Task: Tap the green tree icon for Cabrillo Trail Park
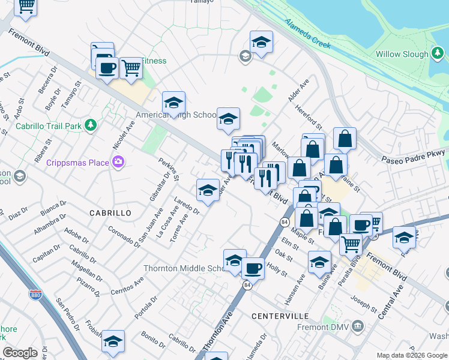pyautogui.click(x=91, y=125)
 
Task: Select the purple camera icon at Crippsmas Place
pyautogui.click(x=118, y=161)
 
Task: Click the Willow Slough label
pyautogui.click(x=402, y=54)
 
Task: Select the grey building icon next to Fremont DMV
pyautogui.click(x=358, y=327)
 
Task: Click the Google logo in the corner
pyautogui.click(x=20, y=353)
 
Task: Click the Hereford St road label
pyautogui.click(x=309, y=116)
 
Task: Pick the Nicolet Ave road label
pyautogui.click(x=124, y=135)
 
